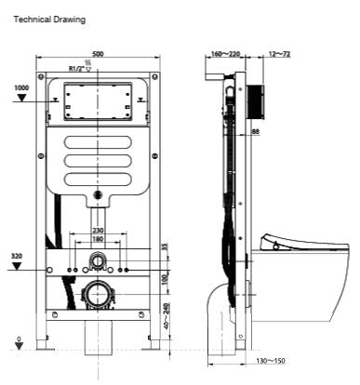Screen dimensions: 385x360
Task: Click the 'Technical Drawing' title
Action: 49,19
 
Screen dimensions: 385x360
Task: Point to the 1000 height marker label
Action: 22,87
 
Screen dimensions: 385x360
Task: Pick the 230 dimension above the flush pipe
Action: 98,232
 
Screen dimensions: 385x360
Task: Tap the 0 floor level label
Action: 19,339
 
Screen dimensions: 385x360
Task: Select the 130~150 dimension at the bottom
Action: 270,361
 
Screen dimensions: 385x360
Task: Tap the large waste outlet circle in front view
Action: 98,295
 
